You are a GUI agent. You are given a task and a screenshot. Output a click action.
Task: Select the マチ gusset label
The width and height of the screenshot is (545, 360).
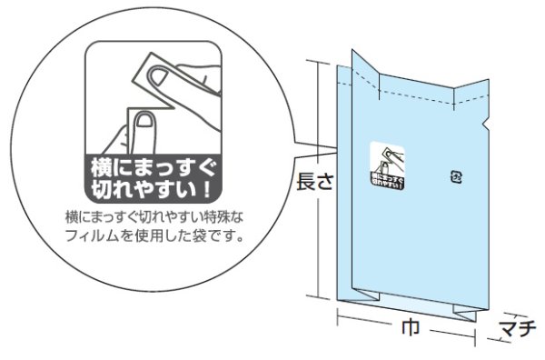point(520,328)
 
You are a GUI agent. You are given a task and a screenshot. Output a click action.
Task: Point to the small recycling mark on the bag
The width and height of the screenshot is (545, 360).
point(457,176)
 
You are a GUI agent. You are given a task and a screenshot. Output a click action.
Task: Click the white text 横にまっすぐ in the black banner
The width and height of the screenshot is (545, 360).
point(153,168)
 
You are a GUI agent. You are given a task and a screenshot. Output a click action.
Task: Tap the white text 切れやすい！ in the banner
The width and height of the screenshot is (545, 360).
point(153,190)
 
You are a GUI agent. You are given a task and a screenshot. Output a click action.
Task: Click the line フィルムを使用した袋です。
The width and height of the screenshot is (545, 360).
point(153,238)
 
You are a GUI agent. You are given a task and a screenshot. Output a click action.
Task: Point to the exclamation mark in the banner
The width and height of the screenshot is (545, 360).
point(211,191)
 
